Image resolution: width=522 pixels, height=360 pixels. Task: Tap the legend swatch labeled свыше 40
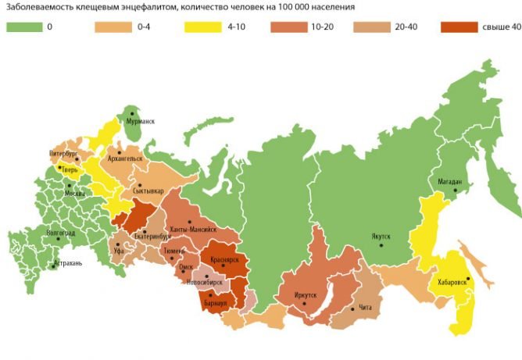click(458, 28)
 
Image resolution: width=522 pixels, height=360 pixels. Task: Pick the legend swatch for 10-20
click(288, 28)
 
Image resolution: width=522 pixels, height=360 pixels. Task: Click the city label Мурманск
click(142, 122)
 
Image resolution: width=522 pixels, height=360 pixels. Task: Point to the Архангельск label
click(129, 158)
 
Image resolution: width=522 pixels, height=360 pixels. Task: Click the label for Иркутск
click(306, 295)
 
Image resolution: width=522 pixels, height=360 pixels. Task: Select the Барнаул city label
click(215, 301)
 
